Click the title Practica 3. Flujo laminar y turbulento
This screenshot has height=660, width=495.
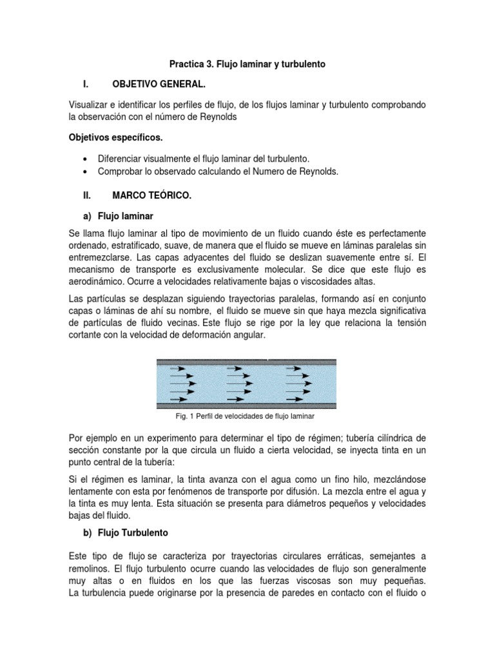click(x=247, y=64)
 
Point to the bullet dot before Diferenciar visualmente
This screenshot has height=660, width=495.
click(x=85, y=159)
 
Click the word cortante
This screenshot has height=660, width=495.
click(x=88, y=336)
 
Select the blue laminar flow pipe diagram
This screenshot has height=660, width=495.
click(x=246, y=384)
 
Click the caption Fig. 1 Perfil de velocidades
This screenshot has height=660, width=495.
click(x=245, y=416)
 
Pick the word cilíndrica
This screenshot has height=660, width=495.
click(x=391, y=439)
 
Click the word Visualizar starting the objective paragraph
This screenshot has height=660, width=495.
click(x=90, y=104)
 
